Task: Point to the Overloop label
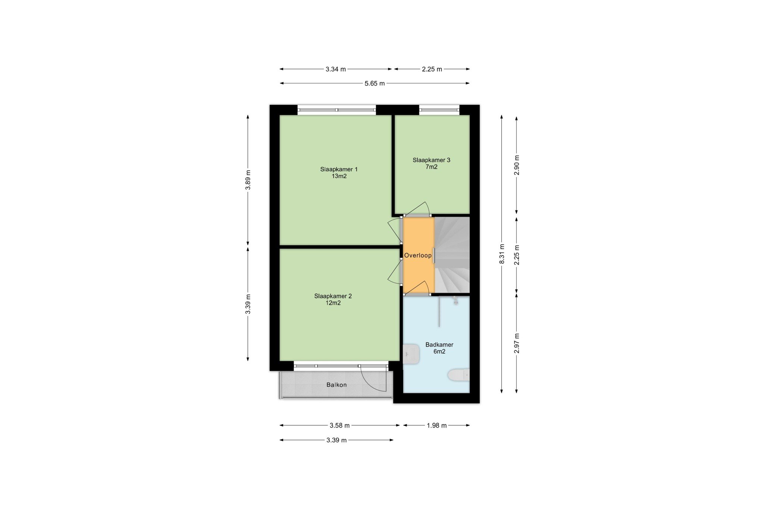(x=418, y=255)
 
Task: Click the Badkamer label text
(x=439, y=345)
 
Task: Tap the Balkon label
(x=336, y=385)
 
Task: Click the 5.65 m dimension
(x=375, y=84)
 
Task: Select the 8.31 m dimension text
(x=502, y=254)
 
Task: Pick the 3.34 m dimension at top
(x=336, y=69)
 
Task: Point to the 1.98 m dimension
(x=436, y=425)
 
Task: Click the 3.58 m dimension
(x=339, y=425)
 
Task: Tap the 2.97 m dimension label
(x=517, y=343)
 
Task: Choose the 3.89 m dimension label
(x=248, y=180)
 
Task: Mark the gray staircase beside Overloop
(x=452, y=255)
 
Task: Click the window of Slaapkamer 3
(x=439, y=110)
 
